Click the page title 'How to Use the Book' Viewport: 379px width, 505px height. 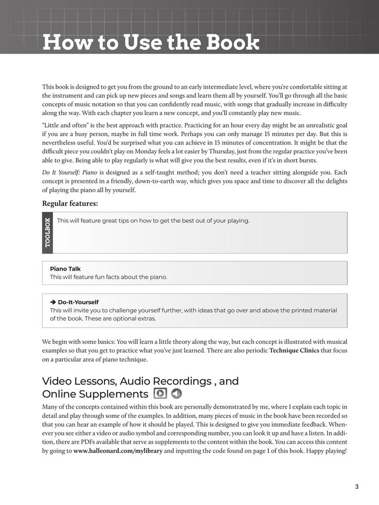coord(151,42)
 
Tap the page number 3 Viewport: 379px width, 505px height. coord(356,487)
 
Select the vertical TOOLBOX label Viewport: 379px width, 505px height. coord(47,232)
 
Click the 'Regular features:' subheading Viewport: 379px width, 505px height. coord(70,203)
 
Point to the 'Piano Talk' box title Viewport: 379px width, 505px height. coord(65,269)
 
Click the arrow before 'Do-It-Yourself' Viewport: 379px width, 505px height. coord(52,302)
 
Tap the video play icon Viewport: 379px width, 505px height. coord(160,394)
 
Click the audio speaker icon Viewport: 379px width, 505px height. coord(176,394)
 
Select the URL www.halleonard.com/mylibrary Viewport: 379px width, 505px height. coord(118,451)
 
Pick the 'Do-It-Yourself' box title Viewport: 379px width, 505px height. coord(78,302)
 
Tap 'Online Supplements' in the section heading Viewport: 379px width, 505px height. coord(95,394)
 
